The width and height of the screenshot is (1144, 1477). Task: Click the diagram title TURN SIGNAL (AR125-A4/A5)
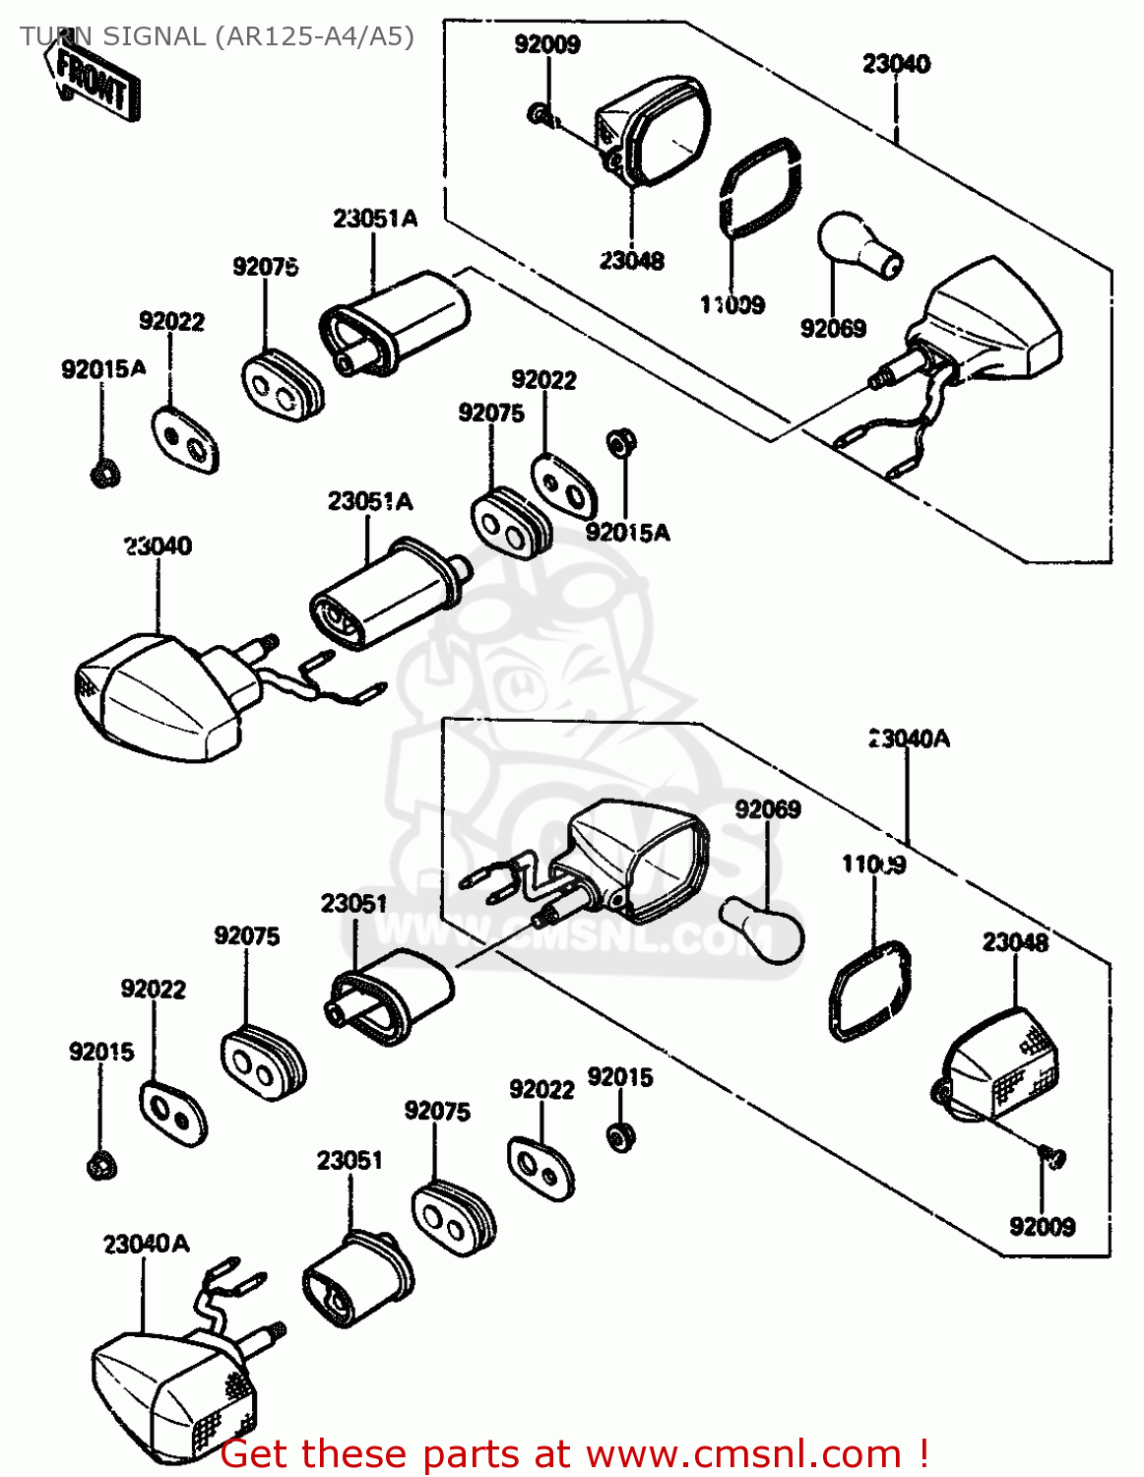click(x=216, y=36)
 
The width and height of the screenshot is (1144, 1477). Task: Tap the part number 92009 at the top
click(x=547, y=44)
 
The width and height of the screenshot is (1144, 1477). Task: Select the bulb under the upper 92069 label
click(x=859, y=245)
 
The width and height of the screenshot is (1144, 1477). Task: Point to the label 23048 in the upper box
click(x=632, y=261)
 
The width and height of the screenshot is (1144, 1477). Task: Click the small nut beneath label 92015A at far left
click(x=103, y=474)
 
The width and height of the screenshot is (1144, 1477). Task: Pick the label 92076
click(x=266, y=267)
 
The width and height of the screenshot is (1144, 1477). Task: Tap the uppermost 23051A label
click(x=374, y=219)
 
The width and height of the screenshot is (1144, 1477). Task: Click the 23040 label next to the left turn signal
click(x=158, y=546)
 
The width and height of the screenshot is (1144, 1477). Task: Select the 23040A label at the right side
click(x=910, y=738)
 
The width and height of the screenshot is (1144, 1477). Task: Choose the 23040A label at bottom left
click(x=146, y=1244)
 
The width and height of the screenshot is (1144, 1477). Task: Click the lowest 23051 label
click(x=350, y=1160)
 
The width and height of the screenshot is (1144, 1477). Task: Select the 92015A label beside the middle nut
click(x=628, y=533)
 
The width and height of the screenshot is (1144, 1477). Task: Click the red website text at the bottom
click(x=574, y=1453)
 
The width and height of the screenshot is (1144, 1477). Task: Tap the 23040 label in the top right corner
click(x=896, y=64)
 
